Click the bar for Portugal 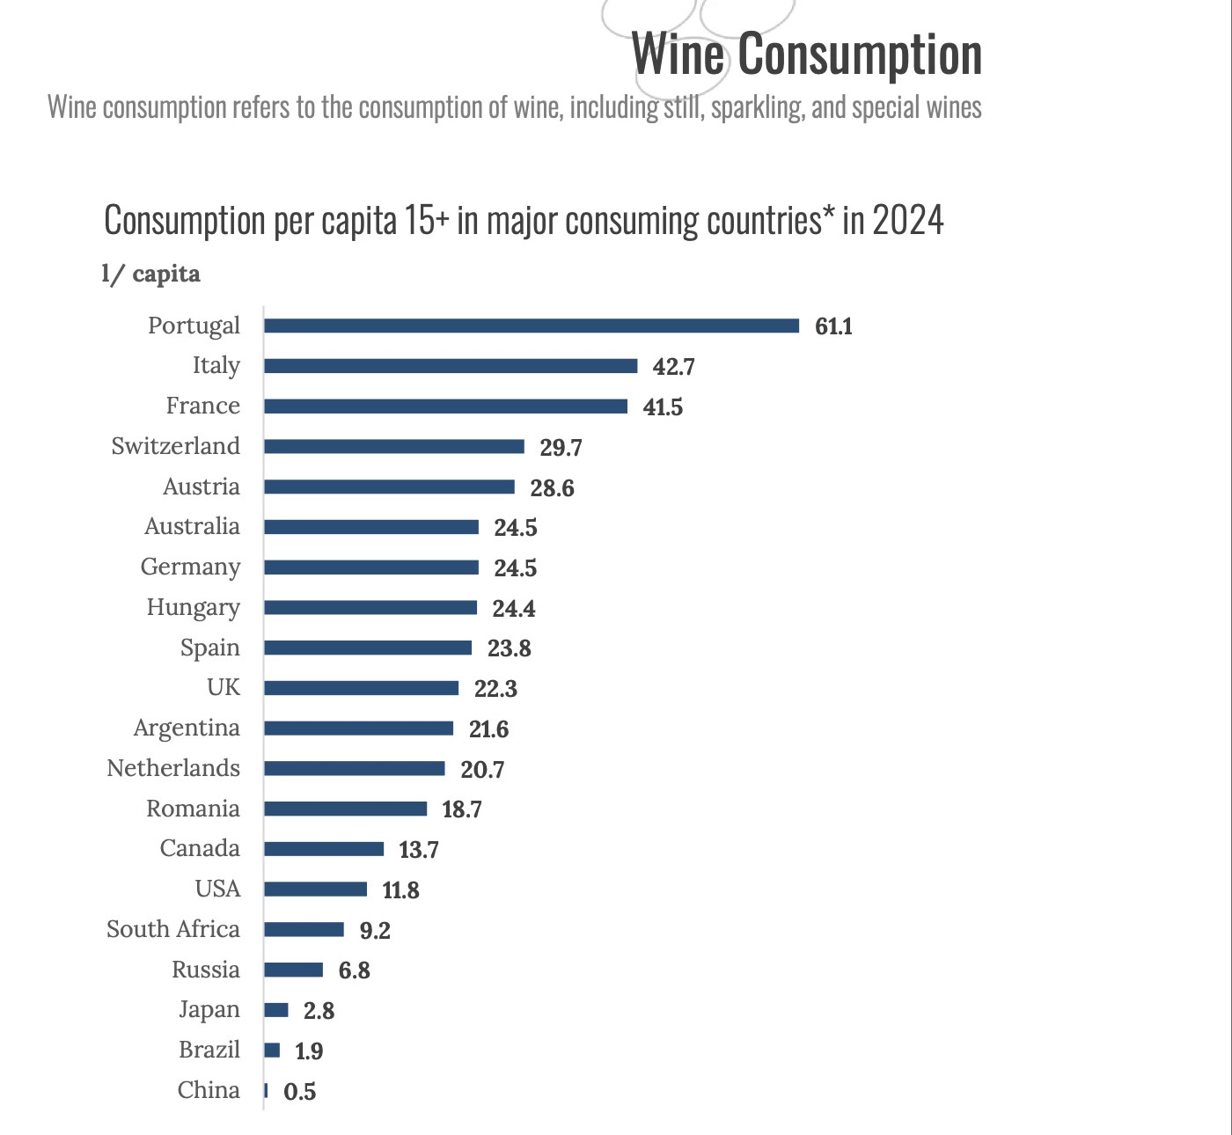point(532,326)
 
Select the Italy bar point(451,366)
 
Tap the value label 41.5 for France point(663,407)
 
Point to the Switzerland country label point(175,446)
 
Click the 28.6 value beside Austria point(552,488)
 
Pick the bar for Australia point(371,527)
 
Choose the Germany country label point(190,567)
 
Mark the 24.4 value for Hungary point(513,609)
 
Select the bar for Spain point(368,648)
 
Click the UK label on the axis point(224,687)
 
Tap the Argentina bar point(358,729)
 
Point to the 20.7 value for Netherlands point(482,770)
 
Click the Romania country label point(193,809)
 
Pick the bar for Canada point(324,849)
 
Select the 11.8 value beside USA point(400,890)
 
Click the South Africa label point(173,929)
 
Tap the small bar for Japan point(276,1010)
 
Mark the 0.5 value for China point(299,1092)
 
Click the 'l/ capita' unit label point(150,274)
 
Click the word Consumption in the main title point(859,55)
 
